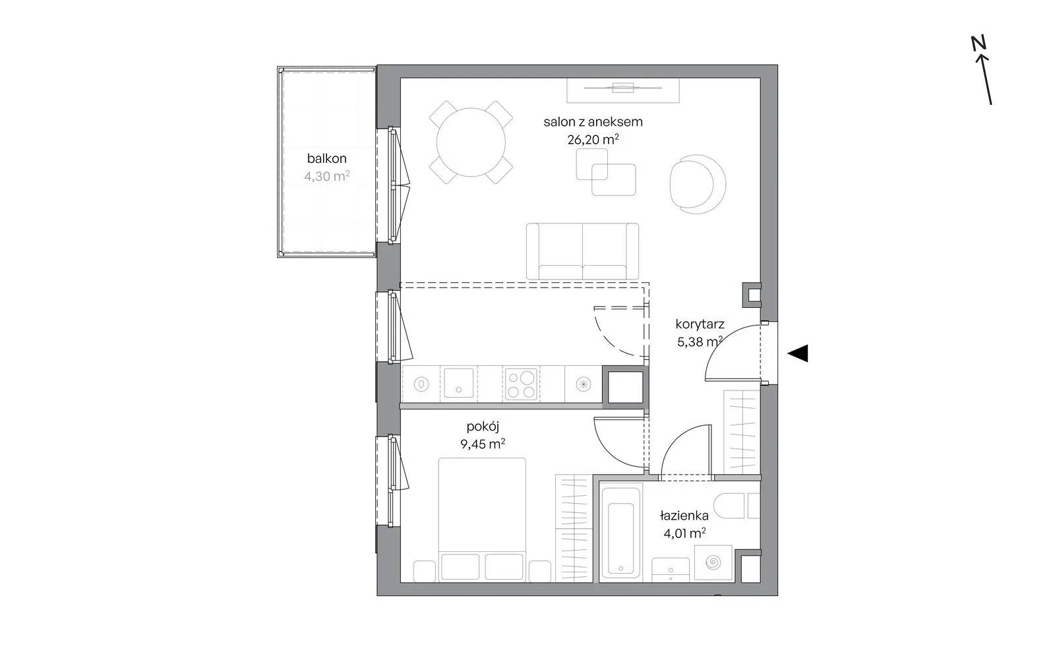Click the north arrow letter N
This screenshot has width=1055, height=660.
pyautogui.click(x=979, y=43)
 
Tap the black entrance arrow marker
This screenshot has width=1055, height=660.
pyautogui.click(x=798, y=353)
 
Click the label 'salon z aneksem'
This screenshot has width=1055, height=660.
pyautogui.click(x=593, y=122)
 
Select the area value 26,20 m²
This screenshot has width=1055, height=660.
pyautogui.click(x=593, y=139)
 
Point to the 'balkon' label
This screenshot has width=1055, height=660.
pyautogui.click(x=327, y=158)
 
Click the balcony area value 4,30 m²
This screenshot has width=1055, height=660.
pyautogui.click(x=327, y=176)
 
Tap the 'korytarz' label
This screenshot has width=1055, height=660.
pyautogui.click(x=700, y=324)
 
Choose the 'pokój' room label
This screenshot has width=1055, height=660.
pyautogui.click(x=483, y=427)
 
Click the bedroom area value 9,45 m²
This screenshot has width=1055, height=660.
pyautogui.click(x=483, y=444)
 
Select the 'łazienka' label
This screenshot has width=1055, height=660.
pyautogui.click(x=684, y=516)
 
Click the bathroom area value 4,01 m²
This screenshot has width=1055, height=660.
pyautogui.click(x=684, y=533)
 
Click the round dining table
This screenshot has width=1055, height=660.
pyautogui.click(x=471, y=142)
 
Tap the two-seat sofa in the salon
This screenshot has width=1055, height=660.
pyautogui.click(x=583, y=252)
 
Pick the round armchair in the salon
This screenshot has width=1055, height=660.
pyautogui.click(x=698, y=184)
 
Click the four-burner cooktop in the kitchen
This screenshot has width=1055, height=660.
pyautogui.click(x=521, y=384)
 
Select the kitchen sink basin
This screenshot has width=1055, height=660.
pyautogui.click(x=458, y=382)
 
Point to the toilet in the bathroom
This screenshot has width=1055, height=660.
pyautogui.click(x=737, y=506)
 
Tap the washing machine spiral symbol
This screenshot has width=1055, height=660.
pyautogui.click(x=713, y=562)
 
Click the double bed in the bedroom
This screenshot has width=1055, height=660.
pyautogui.click(x=482, y=520)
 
